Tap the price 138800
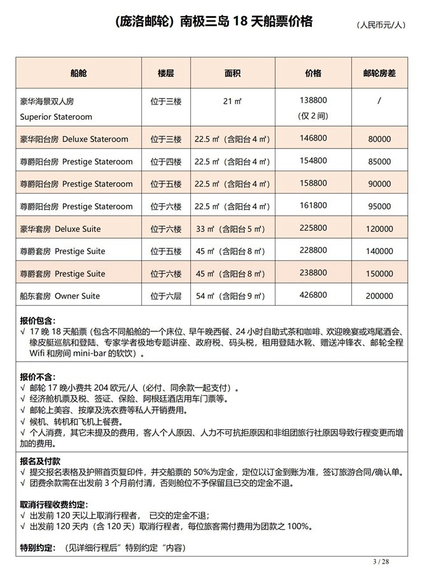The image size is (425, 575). pyautogui.click(x=312, y=101)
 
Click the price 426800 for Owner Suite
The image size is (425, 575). pyautogui.click(x=312, y=296)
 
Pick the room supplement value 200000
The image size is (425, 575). pyautogui.click(x=379, y=296)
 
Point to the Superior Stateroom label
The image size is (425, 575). pyautogui.click(x=56, y=117)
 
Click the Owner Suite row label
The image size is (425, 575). pyautogui.click(x=60, y=296)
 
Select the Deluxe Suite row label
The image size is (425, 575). pyautogui.click(x=60, y=229)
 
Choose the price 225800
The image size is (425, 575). pyautogui.click(x=312, y=229)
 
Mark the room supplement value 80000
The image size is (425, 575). pyautogui.click(x=379, y=139)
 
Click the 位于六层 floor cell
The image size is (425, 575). pyautogui.click(x=166, y=296)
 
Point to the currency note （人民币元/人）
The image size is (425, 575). pyautogui.click(x=380, y=25)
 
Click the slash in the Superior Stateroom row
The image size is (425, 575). pyautogui.click(x=379, y=101)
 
